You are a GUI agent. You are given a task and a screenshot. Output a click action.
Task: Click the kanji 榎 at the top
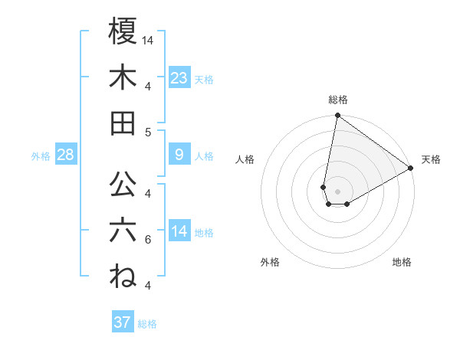click(123, 32)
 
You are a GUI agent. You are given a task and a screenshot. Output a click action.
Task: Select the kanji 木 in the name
click(123, 77)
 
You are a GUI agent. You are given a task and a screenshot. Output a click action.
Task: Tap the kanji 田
click(123, 123)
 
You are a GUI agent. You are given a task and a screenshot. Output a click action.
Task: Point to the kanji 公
click(123, 186)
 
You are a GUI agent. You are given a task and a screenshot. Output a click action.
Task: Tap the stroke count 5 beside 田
click(147, 132)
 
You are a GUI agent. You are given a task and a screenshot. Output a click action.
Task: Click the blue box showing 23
click(179, 77)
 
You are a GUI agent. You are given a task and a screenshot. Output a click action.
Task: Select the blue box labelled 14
click(179, 231)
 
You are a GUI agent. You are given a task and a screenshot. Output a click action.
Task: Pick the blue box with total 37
click(123, 322)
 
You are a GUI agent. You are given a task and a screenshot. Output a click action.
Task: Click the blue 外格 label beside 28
click(41, 156)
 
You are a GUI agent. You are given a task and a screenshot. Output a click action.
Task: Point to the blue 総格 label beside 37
click(147, 324)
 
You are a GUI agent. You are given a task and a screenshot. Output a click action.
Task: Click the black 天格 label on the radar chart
click(431, 159)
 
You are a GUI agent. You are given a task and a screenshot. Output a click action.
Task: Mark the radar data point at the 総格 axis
click(337, 116)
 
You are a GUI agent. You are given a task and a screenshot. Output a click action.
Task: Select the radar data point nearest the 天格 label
click(411, 168)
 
